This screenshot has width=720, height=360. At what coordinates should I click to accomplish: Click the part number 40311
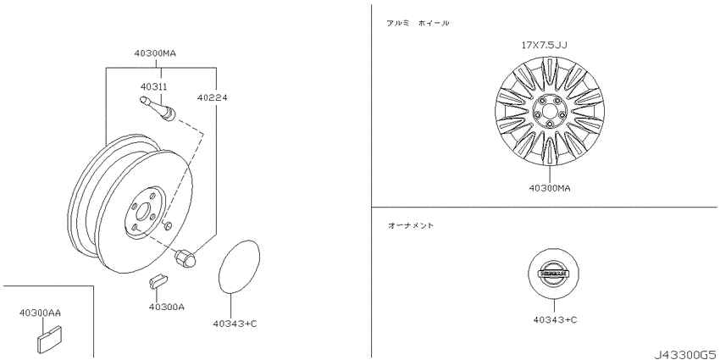coord(153,86)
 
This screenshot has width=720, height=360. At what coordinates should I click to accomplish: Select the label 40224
coord(213,97)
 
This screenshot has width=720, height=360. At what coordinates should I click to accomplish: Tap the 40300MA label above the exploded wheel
coord(155,53)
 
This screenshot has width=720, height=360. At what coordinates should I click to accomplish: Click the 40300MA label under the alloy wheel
coord(550,188)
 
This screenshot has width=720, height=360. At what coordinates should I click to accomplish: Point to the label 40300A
coord(167,307)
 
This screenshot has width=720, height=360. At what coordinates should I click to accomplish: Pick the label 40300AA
coord(40,313)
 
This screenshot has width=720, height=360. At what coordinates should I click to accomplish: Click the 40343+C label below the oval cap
coord(235,324)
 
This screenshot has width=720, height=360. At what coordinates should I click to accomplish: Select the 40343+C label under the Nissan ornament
coord(555,319)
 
